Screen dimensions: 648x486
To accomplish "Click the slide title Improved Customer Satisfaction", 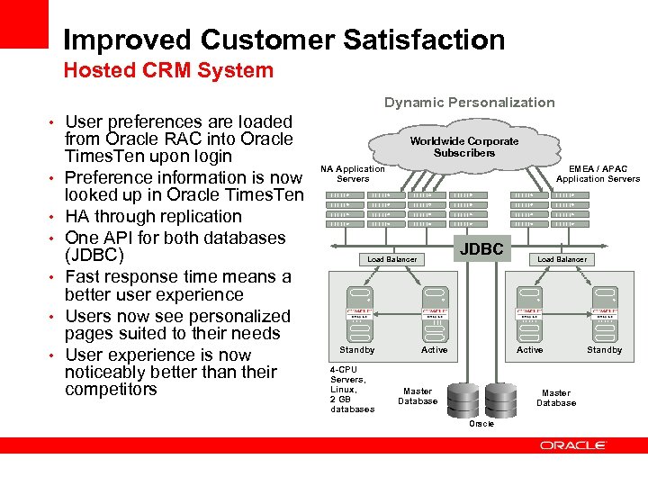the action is coord(283,40).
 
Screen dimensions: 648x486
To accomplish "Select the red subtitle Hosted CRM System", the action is coord(167,70).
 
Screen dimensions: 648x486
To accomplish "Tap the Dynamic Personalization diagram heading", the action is coord(469,103).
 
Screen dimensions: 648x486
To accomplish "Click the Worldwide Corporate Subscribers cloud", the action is coord(464,147).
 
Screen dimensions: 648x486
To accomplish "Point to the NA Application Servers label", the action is coord(352,174).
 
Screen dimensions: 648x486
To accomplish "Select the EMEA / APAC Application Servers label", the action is coord(598,174).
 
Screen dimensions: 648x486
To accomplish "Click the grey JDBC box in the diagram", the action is coord(481,248).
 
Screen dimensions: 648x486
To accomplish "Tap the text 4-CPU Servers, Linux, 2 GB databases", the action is coord(352,389).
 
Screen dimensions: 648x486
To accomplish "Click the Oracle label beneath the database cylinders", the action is coord(481,423).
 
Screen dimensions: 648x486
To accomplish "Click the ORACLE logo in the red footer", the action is coord(572,445).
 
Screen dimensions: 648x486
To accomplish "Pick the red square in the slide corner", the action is coord(23,23).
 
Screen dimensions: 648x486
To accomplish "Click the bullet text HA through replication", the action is coord(153,217).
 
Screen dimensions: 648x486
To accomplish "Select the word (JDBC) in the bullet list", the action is coord(94,256).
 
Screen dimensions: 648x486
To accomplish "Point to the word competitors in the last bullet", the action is coord(111,389).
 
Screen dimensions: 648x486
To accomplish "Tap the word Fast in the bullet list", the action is coord(83,276).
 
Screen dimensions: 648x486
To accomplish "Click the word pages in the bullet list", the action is coord(89,333).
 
